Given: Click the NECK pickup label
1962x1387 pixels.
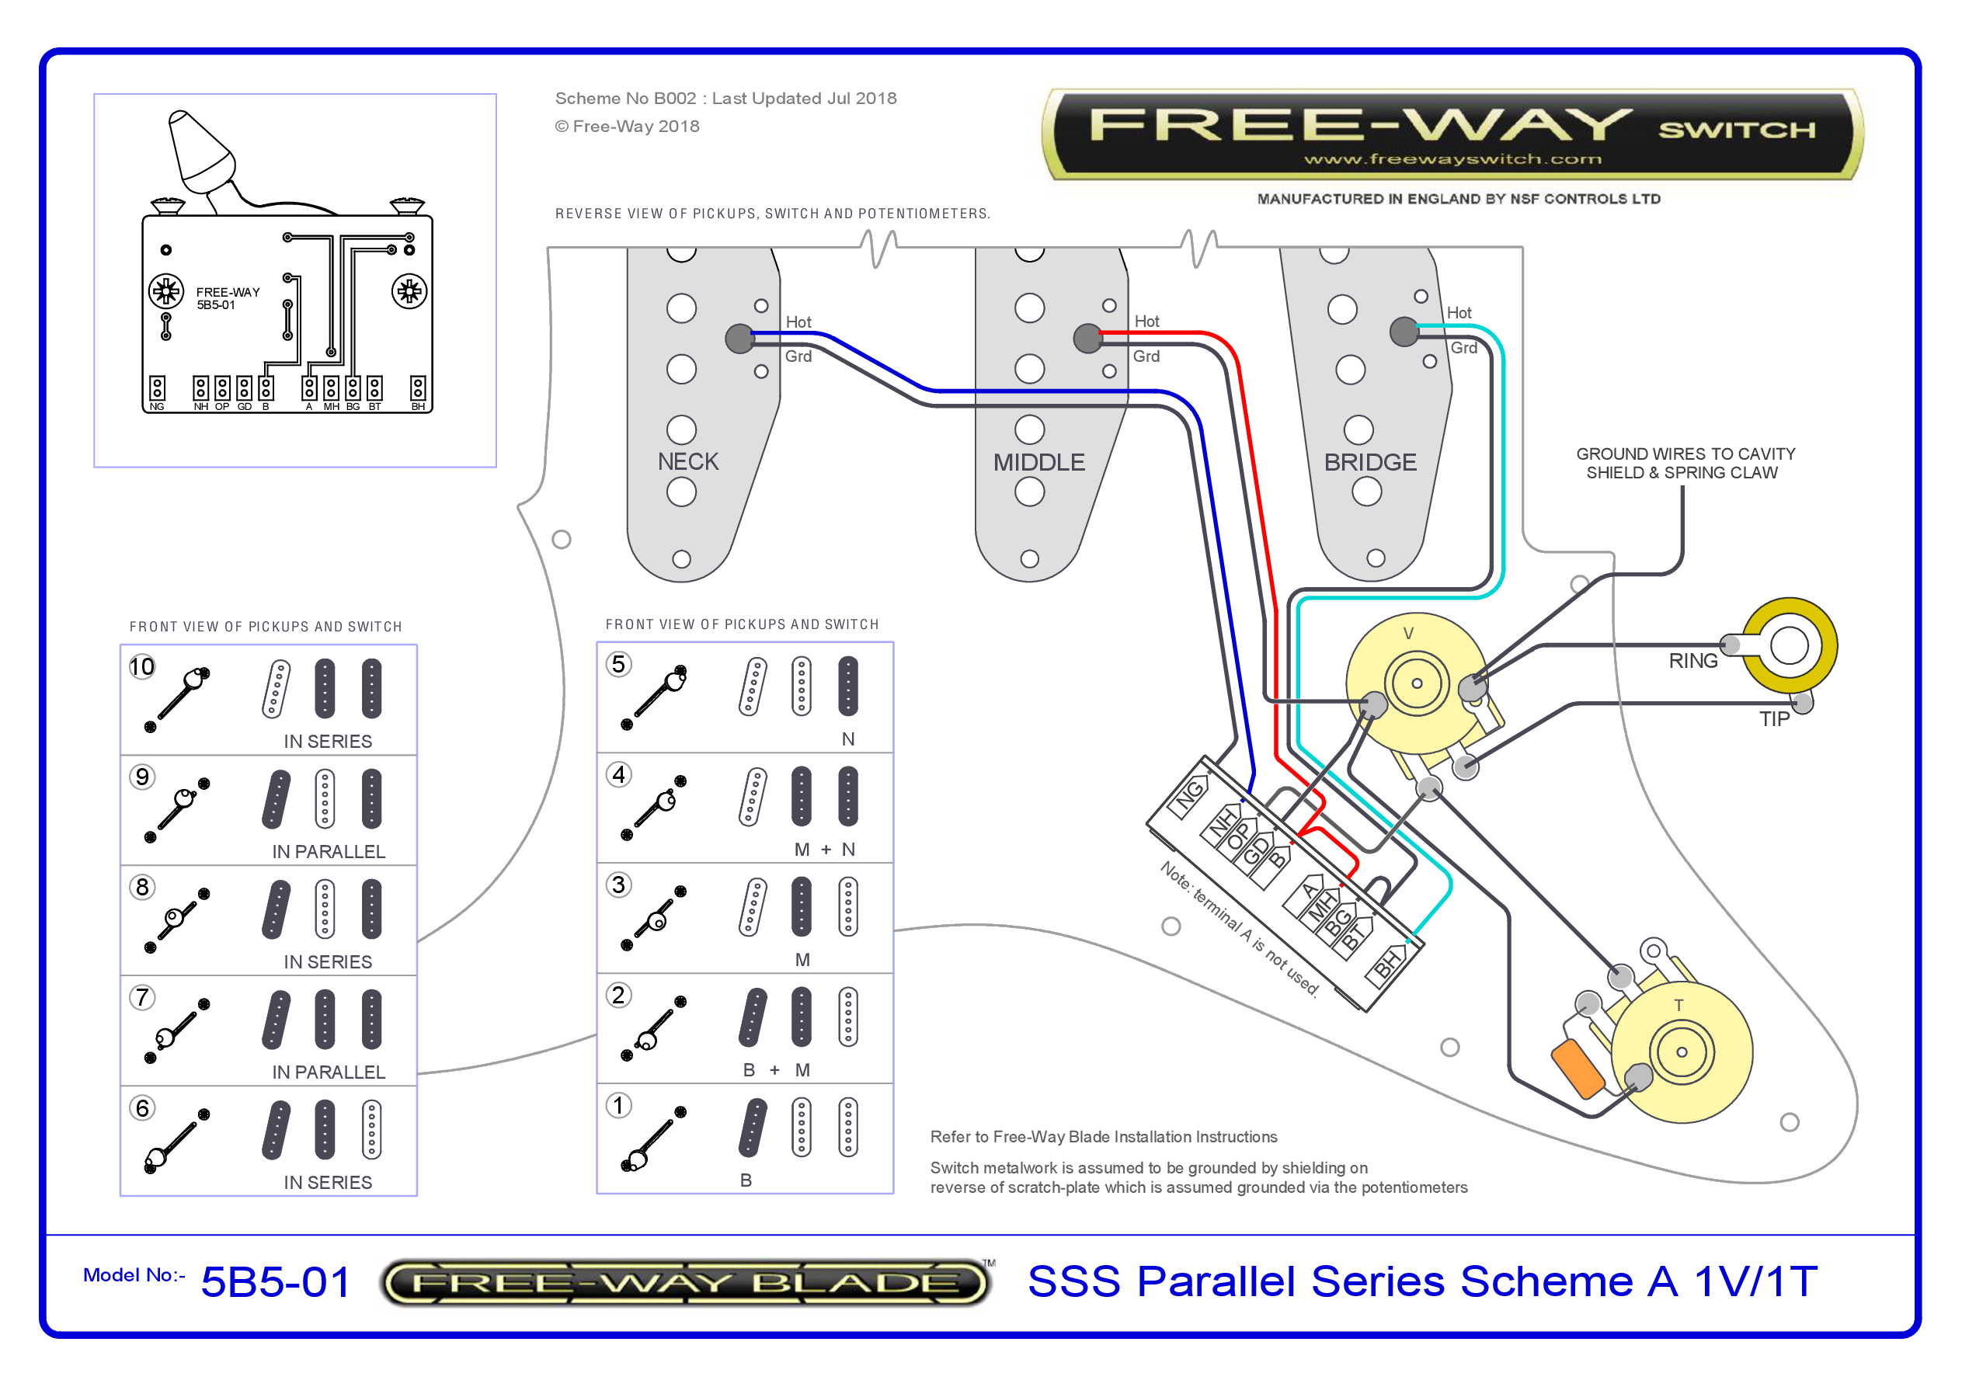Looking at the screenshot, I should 688,461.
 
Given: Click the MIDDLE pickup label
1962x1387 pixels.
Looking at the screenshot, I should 1038,462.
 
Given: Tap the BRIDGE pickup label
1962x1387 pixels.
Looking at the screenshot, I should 1370,462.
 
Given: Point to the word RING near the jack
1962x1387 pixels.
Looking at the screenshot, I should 1692,661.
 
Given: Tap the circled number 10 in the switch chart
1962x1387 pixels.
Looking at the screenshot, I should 142,666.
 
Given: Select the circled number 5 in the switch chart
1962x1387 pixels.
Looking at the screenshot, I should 619,664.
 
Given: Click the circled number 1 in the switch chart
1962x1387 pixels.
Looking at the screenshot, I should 619,1105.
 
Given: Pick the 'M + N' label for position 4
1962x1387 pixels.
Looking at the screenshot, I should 824,850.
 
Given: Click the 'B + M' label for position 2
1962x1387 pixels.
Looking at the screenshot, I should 776,1070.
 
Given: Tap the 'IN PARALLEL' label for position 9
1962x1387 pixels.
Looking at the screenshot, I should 329,851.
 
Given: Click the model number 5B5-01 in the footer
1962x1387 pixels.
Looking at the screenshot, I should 275,1282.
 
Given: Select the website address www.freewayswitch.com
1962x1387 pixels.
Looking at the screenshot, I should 1452,159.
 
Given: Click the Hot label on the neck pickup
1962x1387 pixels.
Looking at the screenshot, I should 798,322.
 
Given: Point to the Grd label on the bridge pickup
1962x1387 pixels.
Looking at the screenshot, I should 1463,348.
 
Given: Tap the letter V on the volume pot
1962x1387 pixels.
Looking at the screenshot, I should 1408,633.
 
